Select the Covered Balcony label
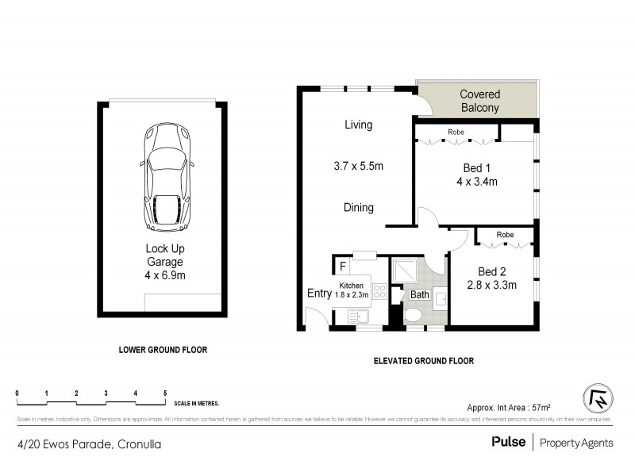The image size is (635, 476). click(x=479, y=101)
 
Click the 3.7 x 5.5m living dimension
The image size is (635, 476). click(x=358, y=167)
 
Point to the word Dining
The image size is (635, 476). click(x=359, y=208)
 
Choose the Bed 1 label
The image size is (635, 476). click(x=476, y=168)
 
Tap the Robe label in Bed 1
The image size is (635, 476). click(x=456, y=132)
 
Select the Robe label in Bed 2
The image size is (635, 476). click(x=505, y=235)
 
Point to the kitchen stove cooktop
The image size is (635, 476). click(x=379, y=293)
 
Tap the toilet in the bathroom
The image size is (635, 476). click(x=413, y=315)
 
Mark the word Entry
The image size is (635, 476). click(x=319, y=294)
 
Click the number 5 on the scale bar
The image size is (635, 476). click(x=165, y=393)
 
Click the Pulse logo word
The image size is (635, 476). click(x=508, y=443)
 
